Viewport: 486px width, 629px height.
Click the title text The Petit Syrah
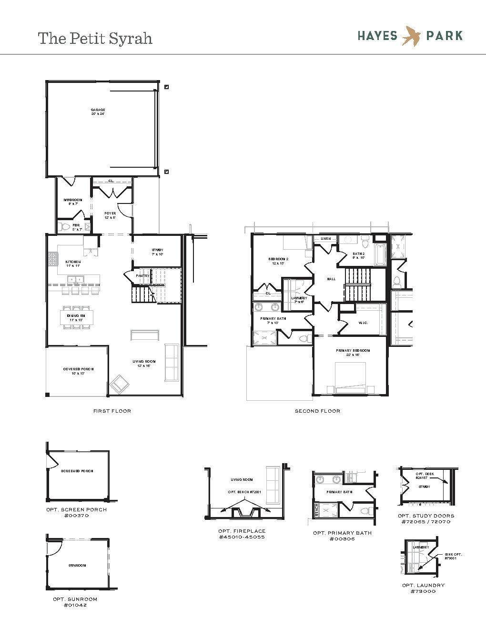95,38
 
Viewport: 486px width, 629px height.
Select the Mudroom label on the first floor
73,200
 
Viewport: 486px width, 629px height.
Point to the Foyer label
110,214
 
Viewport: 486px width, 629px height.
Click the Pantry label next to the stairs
142,275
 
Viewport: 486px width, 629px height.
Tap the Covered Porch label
78,369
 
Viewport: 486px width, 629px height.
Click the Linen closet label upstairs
325,238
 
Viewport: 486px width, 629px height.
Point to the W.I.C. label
363,323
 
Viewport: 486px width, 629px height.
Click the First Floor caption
112,411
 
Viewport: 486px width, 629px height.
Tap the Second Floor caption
317,411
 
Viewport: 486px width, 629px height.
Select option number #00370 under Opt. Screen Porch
76,516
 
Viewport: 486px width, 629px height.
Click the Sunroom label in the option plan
77,565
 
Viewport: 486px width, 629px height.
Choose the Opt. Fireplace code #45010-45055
242,537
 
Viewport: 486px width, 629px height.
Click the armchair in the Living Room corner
118,384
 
